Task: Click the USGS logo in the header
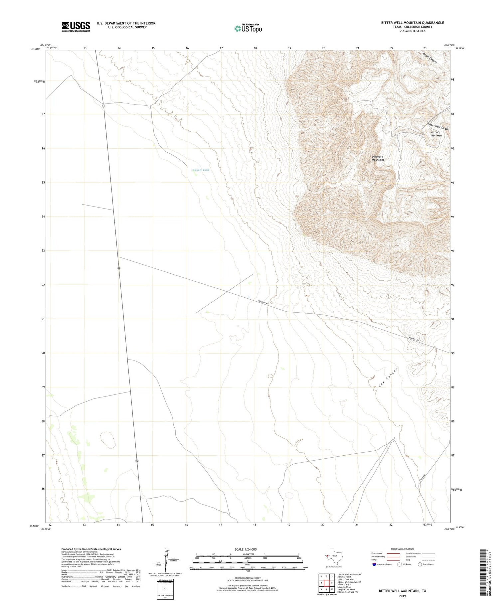pyautogui.click(x=76, y=27)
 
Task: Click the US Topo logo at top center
pyautogui.click(x=248, y=29)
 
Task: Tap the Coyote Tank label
pyautogui.click(x=201, y=170)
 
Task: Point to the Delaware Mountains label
pyautogui.click(x=378, y=158)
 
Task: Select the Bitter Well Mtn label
pyautogui.click(x=436, y=134)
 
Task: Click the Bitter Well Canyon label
pyautogui.click(x=438, y=127)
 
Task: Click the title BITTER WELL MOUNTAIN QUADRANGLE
pyautogui.click(x=413, y=23)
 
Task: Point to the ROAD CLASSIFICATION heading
pyautogui.click(x=402, y=549)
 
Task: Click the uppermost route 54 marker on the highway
pyautogui.click(x=103, y=105)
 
